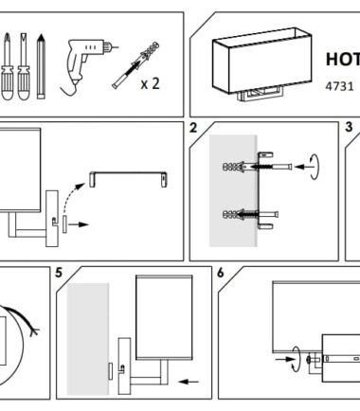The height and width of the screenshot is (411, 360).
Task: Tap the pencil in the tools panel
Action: tap(41, 66)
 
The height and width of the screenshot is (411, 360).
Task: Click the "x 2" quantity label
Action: tap(151, 83)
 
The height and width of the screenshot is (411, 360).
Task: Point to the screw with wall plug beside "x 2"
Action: tap(135, 65)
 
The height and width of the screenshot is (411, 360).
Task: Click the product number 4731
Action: tap(339, 86)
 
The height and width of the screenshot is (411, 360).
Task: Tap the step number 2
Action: tap(193, 128)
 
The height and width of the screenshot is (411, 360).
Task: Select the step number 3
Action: tap(349, 127)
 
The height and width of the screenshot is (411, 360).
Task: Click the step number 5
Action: tap(59, 273)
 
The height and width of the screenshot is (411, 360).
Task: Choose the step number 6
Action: tap(221, 273)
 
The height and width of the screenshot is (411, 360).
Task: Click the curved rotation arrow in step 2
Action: tap(315, 167)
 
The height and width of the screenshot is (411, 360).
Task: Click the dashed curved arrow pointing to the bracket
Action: tap(73, 196)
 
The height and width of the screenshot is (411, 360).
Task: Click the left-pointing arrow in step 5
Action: tap(189, 382)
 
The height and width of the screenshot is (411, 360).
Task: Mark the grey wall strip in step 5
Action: tap(88, 339)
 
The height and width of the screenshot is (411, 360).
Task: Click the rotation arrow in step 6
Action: tap(297, 359)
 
